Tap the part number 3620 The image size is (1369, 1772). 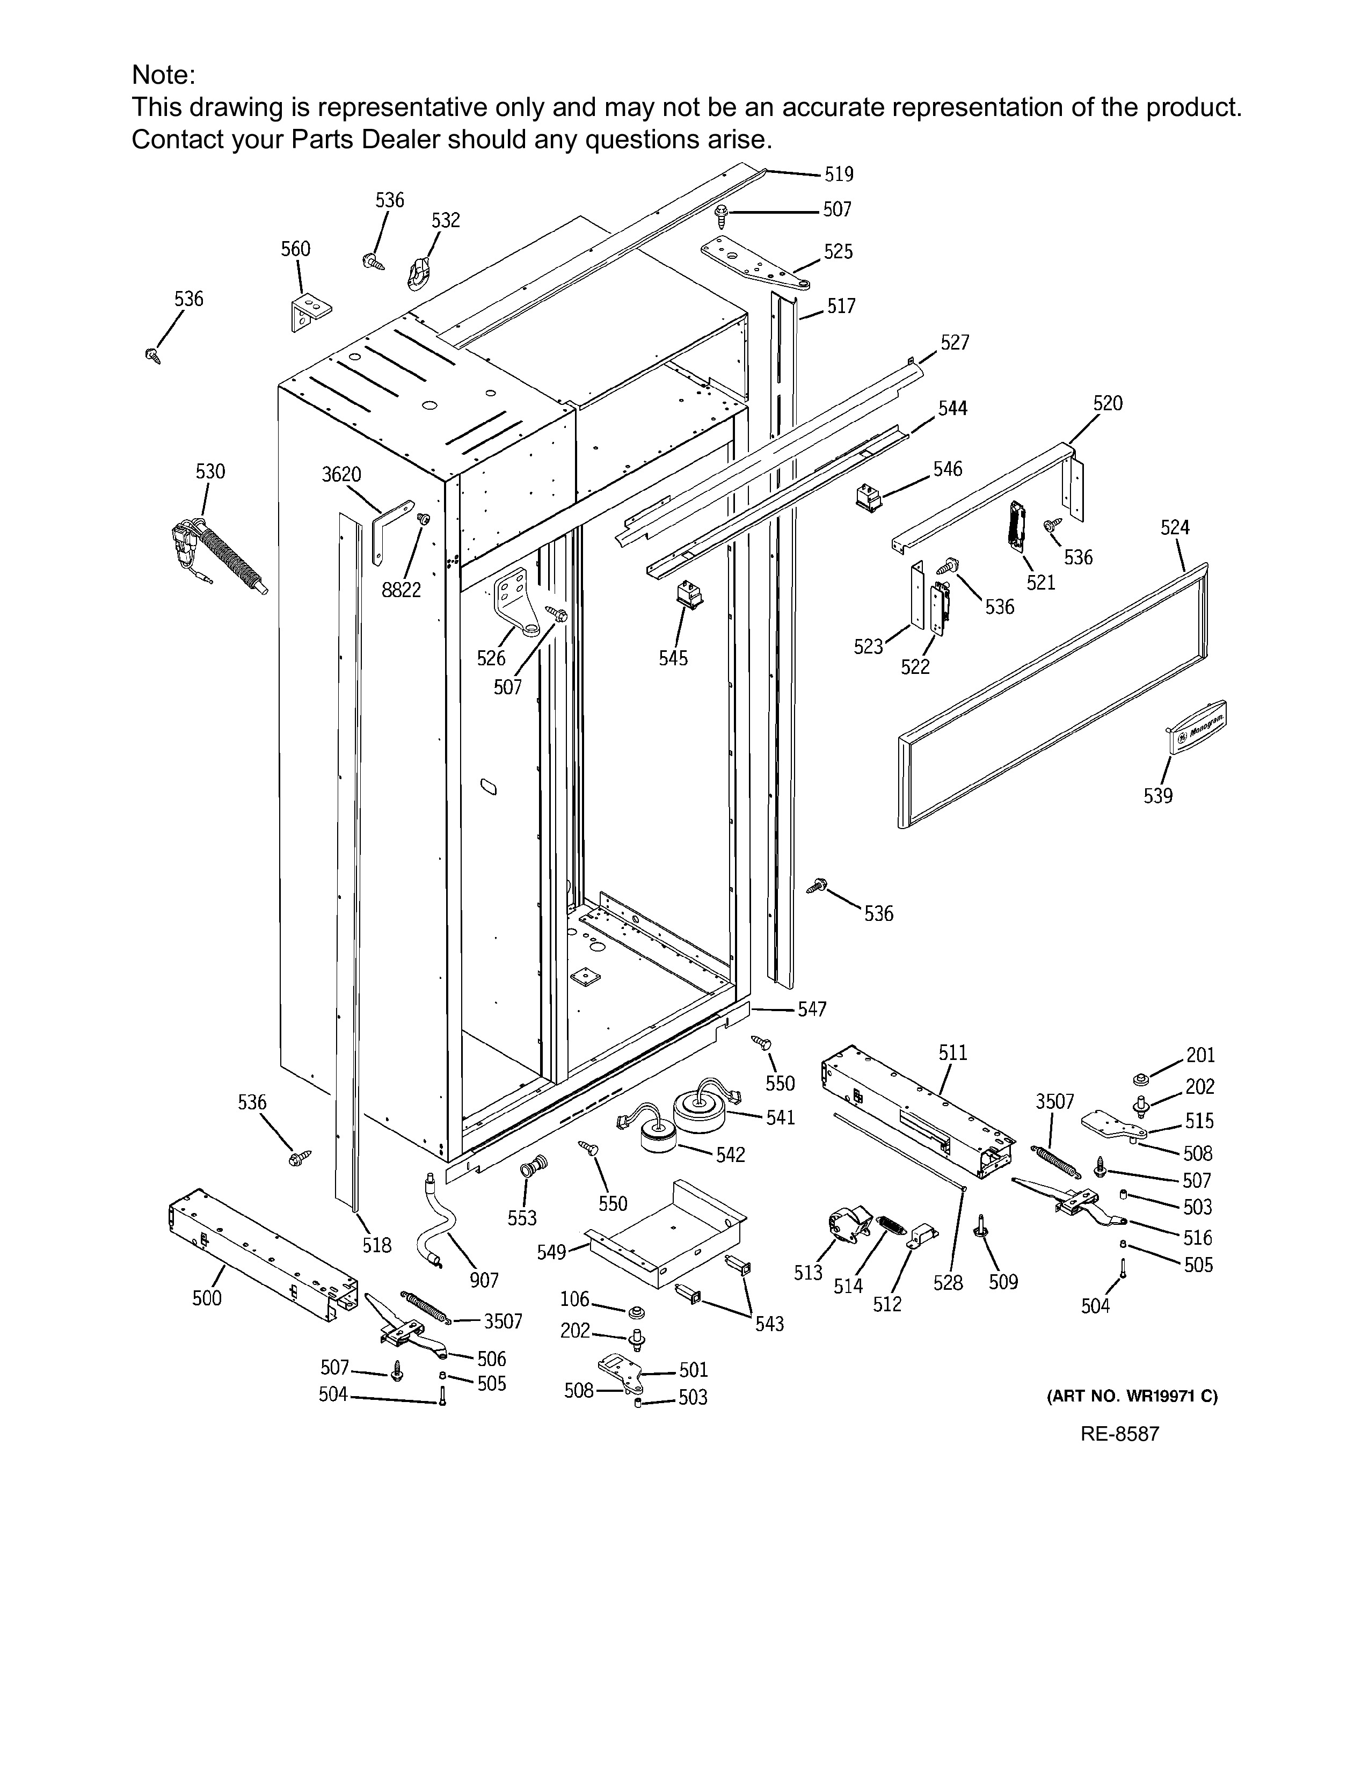[341, 474]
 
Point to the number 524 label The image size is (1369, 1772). [1174, 528]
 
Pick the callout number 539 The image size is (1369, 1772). [1158, 796]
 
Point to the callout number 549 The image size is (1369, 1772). [551, 1253]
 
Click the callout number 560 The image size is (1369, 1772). [295, 249]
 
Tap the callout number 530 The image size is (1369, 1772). [210, 472]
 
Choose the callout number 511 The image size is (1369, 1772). [953, 1053]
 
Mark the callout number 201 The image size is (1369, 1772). [1200, 1056]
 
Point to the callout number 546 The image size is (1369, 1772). [947, 469]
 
